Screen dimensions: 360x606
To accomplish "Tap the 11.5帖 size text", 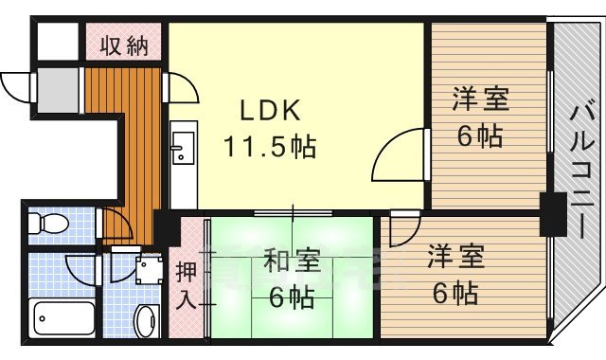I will pos(270,147).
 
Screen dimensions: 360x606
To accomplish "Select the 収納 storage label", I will pos(125,45).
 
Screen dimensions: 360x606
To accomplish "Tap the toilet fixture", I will pos(46,225).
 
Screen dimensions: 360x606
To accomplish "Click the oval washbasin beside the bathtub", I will pos(145,321).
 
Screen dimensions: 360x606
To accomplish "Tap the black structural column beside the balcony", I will pos(549,212).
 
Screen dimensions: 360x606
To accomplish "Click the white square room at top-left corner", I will pos(57,41).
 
